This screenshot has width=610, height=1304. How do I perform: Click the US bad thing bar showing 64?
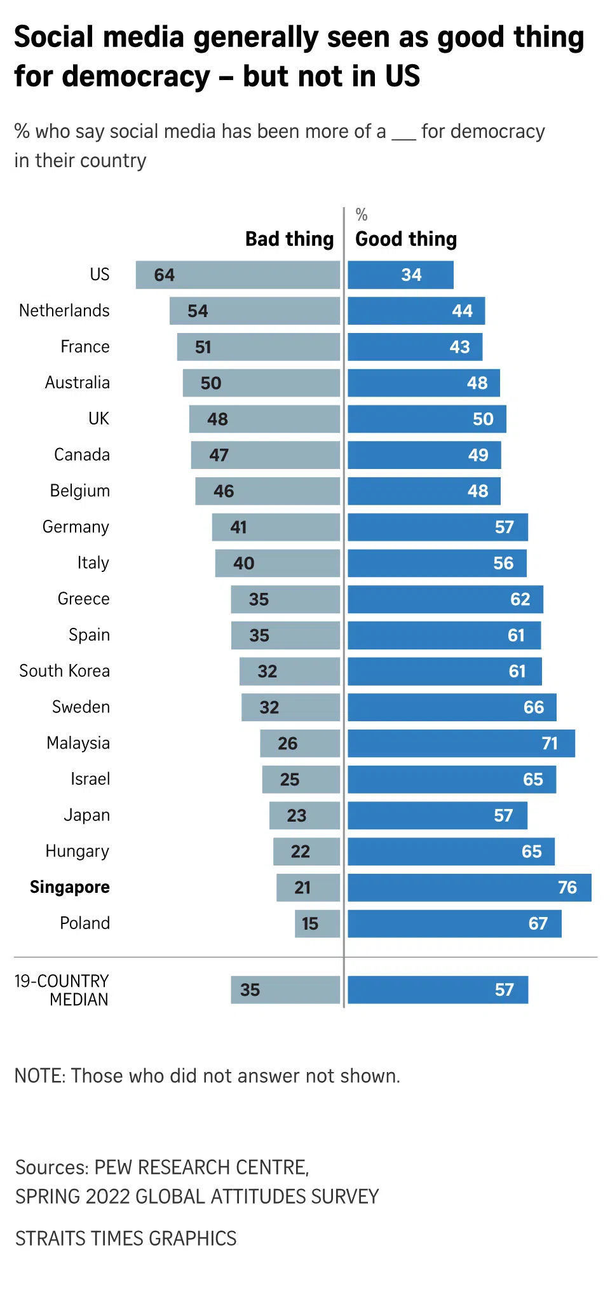click(238, 275)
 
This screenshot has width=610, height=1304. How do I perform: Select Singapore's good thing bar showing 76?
click(469, 888)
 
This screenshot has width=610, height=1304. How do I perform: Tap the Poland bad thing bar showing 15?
click(317, 923)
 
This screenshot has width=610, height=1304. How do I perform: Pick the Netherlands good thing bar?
click(416, 311)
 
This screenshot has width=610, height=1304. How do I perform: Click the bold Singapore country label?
click(70, 887)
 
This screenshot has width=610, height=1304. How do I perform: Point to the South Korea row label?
click(64, 671)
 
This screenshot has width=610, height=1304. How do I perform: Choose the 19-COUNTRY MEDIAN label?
click(62, 990)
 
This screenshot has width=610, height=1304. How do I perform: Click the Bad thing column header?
click(289, 239)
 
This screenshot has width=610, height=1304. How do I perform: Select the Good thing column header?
click(406, 239)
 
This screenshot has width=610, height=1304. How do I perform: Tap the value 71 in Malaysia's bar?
click(550, 744)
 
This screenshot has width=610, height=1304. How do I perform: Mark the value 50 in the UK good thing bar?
click(483, 419)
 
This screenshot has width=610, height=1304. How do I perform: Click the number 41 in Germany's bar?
click(238, 527)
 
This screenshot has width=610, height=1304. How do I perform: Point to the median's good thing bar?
click(438, 990)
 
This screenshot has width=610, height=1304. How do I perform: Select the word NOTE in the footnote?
click(39, 1076)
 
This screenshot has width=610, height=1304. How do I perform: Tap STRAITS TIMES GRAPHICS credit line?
click(126, 1239)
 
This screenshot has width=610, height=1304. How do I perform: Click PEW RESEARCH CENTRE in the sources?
click(201, 1167)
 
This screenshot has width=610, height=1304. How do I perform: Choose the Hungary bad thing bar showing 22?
click(306, 852)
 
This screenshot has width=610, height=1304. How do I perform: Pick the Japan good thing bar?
click(437, 815)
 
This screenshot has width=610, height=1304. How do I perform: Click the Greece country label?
click(83, 599)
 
